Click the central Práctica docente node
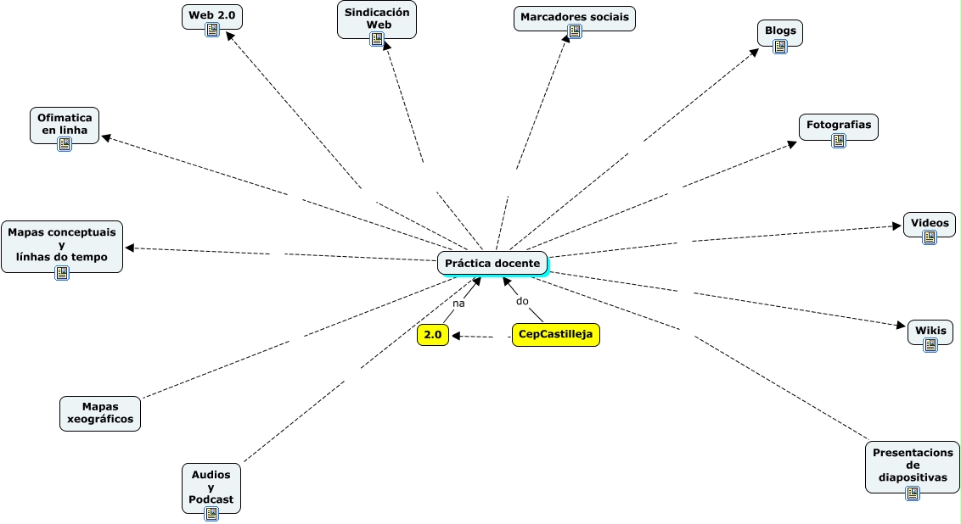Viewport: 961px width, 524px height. point(492,264)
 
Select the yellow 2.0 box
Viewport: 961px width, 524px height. point(433,336)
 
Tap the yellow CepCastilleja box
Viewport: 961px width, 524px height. point(555,335)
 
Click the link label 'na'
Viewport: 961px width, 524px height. point(458,303)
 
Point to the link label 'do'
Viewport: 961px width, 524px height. point(522,301)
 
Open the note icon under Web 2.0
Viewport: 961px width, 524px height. point(212,31)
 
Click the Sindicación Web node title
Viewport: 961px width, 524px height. point(378,18)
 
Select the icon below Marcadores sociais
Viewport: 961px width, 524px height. point(575,31)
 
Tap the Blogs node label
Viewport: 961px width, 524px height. point(780,31)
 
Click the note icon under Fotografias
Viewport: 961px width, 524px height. point(839,141)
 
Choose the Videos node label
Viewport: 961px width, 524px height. point(930,223)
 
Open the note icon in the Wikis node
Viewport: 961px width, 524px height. point(930,345)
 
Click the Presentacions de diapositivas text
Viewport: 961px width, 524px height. point(913,465)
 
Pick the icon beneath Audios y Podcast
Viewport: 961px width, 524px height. point(211,514)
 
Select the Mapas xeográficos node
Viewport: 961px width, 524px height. point(100,412)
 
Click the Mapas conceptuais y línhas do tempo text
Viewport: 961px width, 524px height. point(62,244)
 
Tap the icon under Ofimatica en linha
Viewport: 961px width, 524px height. point(65,144)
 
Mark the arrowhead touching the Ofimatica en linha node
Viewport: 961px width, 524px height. point(105,137)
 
